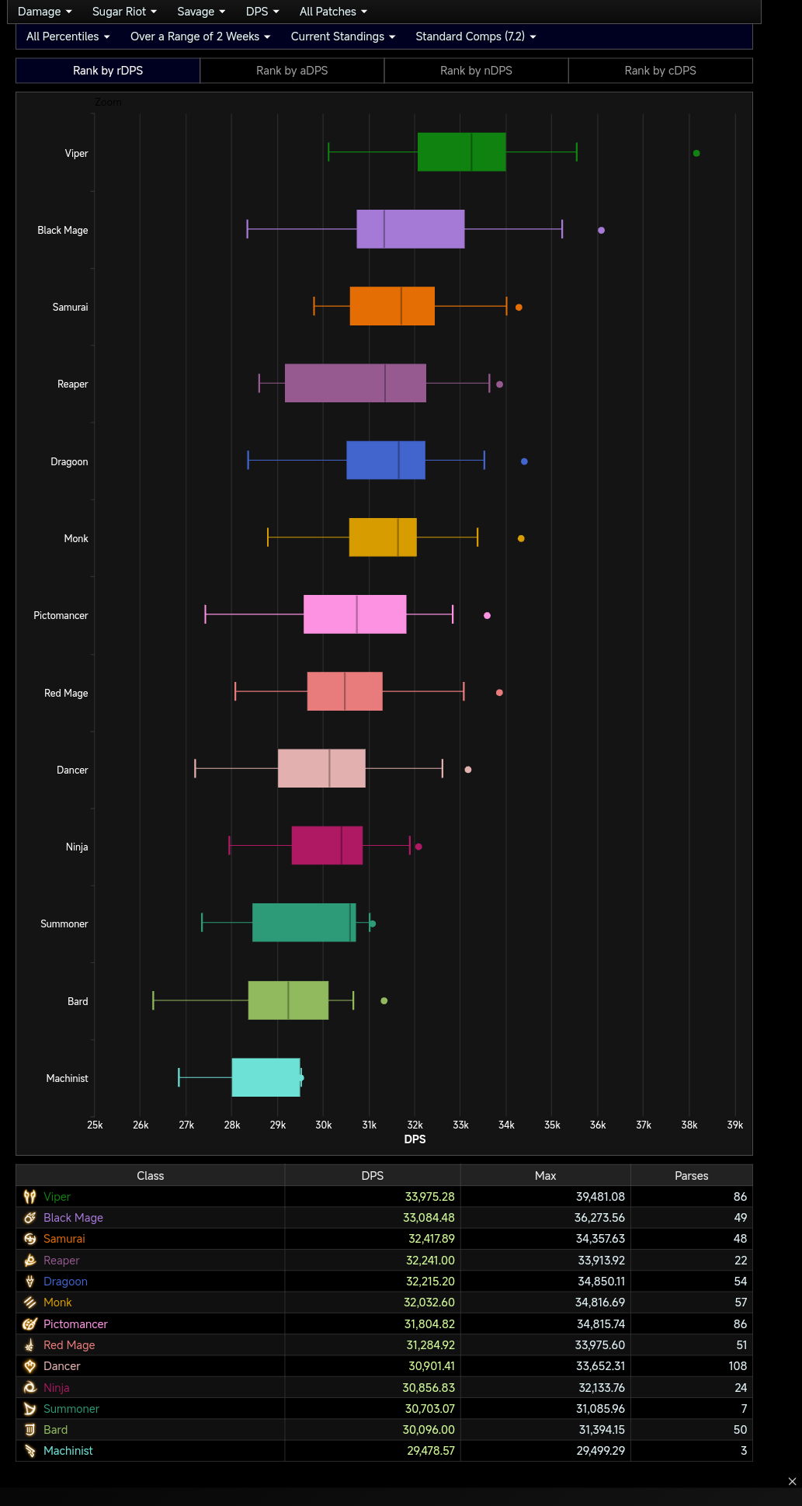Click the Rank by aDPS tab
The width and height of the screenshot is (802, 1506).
[x=292, y=71]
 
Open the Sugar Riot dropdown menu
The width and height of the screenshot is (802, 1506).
[x=124, y=12]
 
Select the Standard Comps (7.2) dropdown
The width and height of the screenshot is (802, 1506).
[x=475, y=37]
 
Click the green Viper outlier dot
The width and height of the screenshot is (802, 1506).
[x=696, y=153]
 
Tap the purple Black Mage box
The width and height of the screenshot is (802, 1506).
[x=410, y=229]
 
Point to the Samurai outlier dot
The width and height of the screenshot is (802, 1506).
[x=519, y=308]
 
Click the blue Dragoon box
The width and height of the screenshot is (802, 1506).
[x=385, y=460]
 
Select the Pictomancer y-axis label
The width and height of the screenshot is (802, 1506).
[x=61, y=616]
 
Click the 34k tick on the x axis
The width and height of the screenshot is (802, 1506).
[x=506, y=1125]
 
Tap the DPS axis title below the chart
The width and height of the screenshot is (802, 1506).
[x=415, y=1139]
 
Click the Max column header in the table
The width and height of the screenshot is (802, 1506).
[x=545, y=1176]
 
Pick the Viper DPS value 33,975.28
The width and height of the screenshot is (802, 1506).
[x=429, y=1197]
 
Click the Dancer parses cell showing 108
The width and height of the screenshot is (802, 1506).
[x=737, y=1366]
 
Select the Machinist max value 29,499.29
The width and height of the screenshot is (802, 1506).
[x=600, y=1451]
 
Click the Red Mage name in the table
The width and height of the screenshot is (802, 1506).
[x=69, y=1345]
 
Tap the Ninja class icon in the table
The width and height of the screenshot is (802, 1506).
[x=30, y=1387]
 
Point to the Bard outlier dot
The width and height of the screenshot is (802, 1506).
[x=384, y=1001]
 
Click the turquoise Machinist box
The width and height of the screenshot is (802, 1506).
[x=266, y=1077]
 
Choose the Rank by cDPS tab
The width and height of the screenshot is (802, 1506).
[x=660, y=71]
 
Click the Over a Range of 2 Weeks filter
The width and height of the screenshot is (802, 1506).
[x=200, y=37]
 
